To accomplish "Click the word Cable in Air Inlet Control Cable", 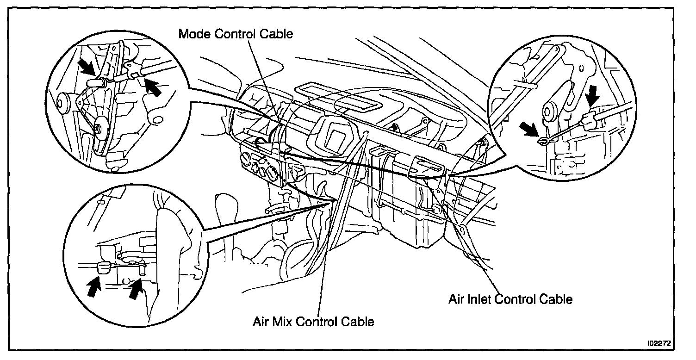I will pos(555,299).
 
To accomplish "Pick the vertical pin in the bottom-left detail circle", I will pos(141,269).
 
